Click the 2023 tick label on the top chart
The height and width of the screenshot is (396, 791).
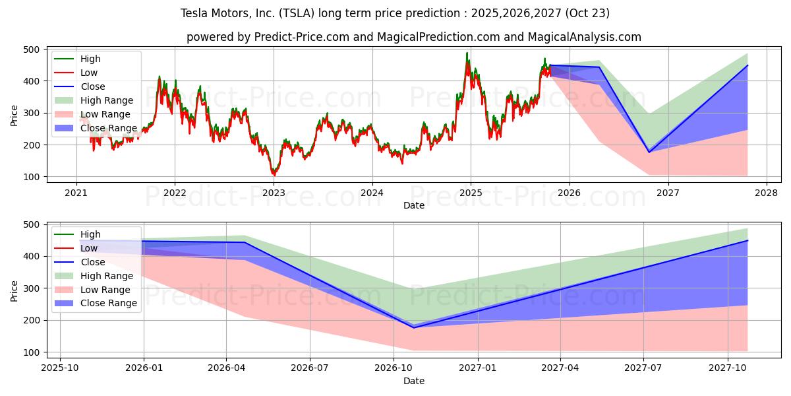[x=274, y=193]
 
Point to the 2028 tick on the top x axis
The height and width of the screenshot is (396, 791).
[x=767, y=193]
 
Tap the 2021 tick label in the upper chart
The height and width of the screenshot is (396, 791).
[x=76, y=193]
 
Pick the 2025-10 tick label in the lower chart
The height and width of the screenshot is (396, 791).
[x=60, y=368]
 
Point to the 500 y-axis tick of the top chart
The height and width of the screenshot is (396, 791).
[x=32, y=49]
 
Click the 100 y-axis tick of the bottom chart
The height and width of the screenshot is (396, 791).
[x=32, y=352]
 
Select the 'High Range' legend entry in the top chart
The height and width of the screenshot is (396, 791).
[x=106, y=100]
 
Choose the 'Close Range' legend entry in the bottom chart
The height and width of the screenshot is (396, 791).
[x=109, y=303]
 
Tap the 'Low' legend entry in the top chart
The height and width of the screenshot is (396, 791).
[x=90, y=73]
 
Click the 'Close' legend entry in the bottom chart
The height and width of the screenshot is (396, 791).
[x=92, y=262]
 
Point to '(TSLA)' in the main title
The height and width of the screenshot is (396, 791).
[x=300, y=13]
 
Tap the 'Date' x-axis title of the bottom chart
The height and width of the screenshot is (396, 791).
[x=413, y=381]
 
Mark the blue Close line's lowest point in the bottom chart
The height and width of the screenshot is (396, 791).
[x=414, y=327]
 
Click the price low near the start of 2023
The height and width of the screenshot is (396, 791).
[x=274, y=174]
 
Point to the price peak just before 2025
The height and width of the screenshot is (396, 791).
[x=467, y=54]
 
